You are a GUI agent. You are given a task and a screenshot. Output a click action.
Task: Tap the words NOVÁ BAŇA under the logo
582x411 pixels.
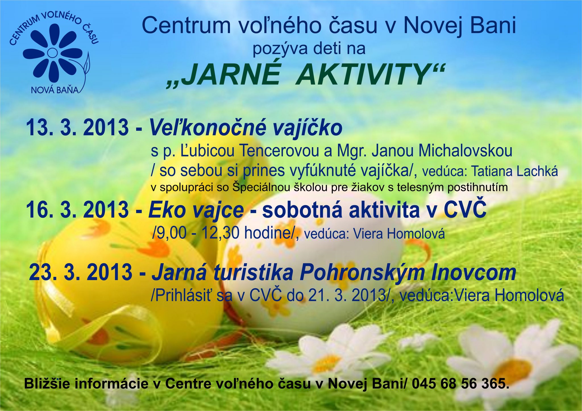pyautogui.click(x=55, y=90)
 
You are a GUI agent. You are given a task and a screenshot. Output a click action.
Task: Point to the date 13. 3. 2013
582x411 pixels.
pyautogui.click(x=78, y=127)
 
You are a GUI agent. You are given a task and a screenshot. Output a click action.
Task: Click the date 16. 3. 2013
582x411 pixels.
pyautogui.click(x=78, y=210)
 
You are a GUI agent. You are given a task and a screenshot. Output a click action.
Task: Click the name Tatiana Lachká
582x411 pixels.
pyautogui.click(x=514, y=171)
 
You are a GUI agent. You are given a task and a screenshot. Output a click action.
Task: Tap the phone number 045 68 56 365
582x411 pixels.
pyautogui.click(x=459, y=384)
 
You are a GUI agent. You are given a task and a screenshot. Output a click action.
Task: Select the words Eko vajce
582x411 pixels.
pyautogui.click(x=196, y=210)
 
